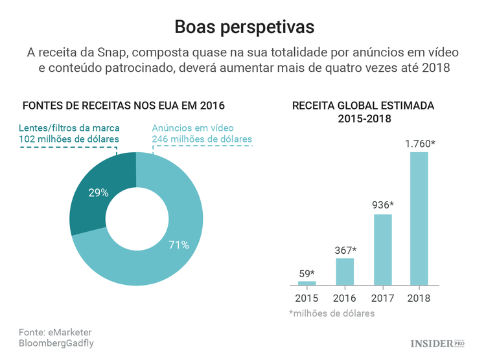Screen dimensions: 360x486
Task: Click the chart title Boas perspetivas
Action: coord(244,27)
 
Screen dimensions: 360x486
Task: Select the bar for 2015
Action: coord(307,284)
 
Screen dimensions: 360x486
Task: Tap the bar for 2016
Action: coord(345,272)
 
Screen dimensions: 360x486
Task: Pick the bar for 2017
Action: coord(382,249)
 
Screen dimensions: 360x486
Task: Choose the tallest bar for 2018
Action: coord(419,219)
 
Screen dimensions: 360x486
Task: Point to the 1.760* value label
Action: coord(420,144)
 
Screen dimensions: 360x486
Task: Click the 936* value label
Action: coord(382,205)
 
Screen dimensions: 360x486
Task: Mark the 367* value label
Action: coord(345,250)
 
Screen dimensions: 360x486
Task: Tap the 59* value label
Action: coord(307,273)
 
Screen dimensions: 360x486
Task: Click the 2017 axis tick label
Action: coord(382,298)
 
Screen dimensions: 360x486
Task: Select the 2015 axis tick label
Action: coord(307,298)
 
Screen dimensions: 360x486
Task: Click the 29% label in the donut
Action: coord(98,192)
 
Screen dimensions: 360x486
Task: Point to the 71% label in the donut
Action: coord(179,245)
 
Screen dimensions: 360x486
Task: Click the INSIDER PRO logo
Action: coord(438,342)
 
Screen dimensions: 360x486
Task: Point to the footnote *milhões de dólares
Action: coord(331,313)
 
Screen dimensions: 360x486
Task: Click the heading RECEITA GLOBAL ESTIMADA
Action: coord(363,106)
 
